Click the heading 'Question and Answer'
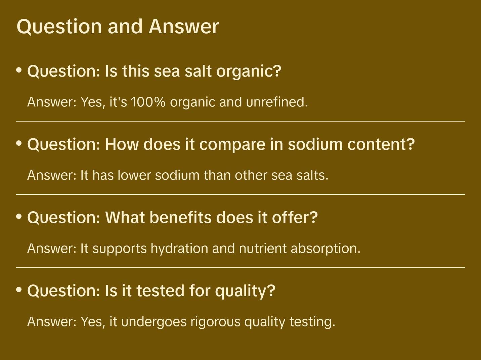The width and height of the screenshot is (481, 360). pyautogui.click(x=118, y=26)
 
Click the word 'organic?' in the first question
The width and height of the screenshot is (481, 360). pyautogui.click(x=249, y=71)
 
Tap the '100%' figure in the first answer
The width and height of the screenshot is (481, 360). pyautogui.click(x=148, y=102)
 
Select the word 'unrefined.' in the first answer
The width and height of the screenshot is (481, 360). pyautogui.click(x=277, y=102)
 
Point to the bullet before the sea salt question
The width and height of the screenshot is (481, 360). pyautogui.click(x=19, y=70)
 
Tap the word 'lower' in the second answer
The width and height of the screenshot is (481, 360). pyautogui.click(x=134, y=175)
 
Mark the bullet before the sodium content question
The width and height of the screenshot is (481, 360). pyautogui.click(x=19, y=143)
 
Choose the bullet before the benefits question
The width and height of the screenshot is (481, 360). pyautogui.click(x=19, y=217)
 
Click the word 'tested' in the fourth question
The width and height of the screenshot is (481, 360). pyautogui.click(x=160, y=291)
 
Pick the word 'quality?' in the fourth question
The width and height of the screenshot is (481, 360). pyautogui.click(x=245, y=291)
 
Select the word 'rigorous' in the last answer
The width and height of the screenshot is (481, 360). pyautogui.click(x=215, y=322)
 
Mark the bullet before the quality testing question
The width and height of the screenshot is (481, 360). pyautogui.click(x=19, y=290)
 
